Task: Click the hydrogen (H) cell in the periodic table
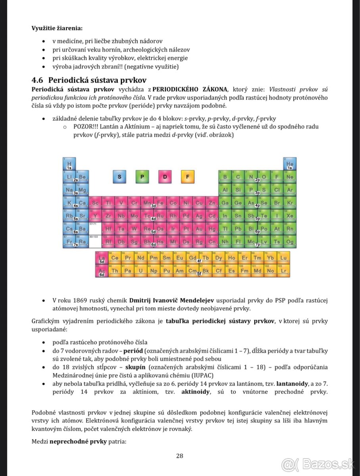(x=69, y=164)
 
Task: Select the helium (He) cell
(x=290, y=164)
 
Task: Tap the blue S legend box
(x=119, y=177)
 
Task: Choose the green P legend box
(x=142, y=177)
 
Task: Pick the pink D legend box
(x=165, y=177)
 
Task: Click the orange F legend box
(x=187, y=177)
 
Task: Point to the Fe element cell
(x=160, y=203)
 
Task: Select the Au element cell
(x=199, y=229)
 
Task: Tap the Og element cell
(x=290, y=242)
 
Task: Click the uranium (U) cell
(x=141, y=271)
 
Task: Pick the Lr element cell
(x=283, y=271)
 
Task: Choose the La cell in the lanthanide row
(x=102, y=258)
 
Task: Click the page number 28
(x=179, y=456)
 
